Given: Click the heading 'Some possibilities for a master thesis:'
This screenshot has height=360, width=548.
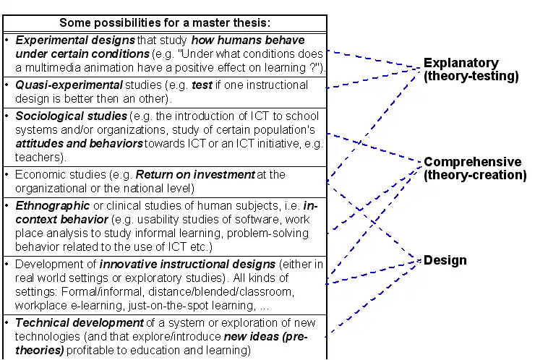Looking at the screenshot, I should click(165, 23).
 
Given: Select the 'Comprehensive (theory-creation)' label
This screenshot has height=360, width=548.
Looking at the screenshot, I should click(474, 168).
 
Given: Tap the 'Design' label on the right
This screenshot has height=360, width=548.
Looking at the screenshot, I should click(445, 260).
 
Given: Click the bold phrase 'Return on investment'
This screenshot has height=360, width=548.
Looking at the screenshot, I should click(195, 174).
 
